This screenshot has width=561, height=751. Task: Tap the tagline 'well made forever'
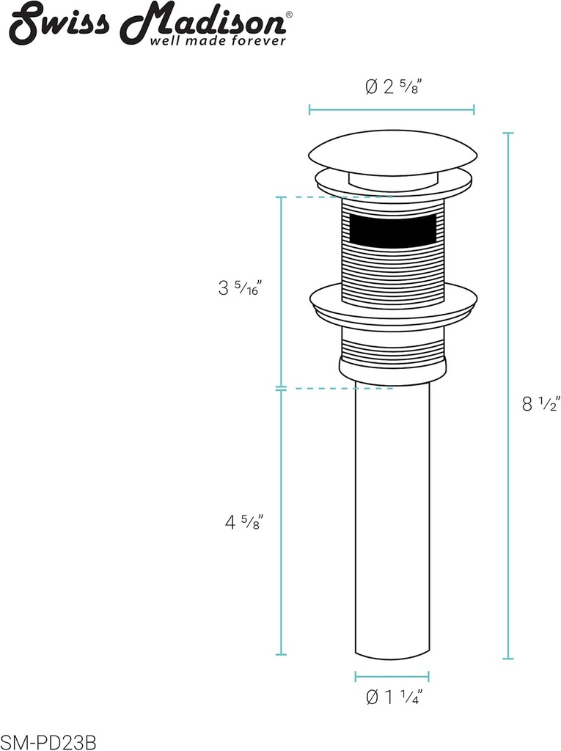click(218, 41)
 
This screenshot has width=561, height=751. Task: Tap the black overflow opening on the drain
click(393, 231)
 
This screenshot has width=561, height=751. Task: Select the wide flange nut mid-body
click(393, 302)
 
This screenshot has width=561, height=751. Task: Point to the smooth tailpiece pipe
click(392, 513)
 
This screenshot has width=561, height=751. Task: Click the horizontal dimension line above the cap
click(392, 110)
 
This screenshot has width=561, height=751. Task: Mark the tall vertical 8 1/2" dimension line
click(508, 396)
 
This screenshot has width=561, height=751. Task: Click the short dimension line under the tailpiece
click(392, 676)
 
